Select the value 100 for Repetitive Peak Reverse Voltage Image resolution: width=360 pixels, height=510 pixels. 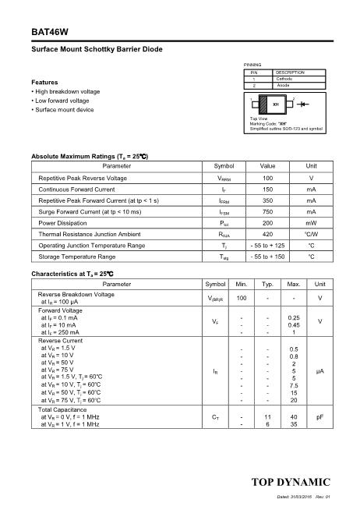(267, 178)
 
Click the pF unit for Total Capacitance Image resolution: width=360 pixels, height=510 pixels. (319, 418)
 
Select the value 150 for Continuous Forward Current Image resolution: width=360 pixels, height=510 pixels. (267, 189)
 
